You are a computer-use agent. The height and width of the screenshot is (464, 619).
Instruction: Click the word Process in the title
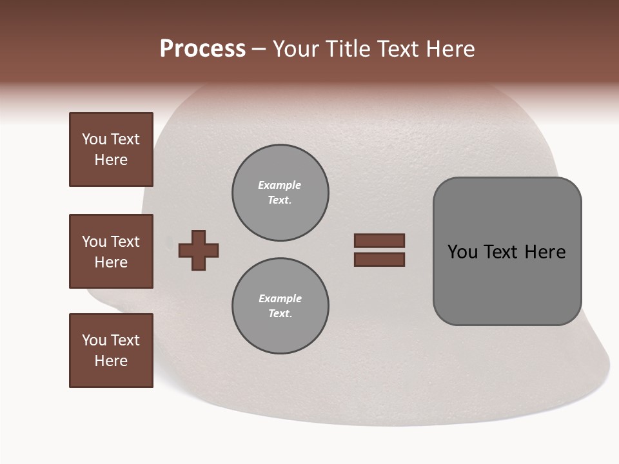click(202, 49)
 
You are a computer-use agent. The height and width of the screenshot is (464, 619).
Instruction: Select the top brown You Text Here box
click(111, 150)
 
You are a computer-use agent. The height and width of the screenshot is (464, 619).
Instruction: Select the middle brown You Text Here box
click(111, 251)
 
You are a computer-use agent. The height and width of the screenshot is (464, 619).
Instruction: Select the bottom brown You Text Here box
click(111, 351)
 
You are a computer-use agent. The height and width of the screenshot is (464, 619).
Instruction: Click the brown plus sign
click(199, 249)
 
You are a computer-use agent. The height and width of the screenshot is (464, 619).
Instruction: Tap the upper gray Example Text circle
click(280, 193)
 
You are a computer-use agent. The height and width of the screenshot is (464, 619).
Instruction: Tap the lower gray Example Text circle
click(280, 306)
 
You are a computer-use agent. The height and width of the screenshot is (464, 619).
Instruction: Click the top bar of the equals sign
click(379, 240)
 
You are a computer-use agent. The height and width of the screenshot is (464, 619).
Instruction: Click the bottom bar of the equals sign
click(379, 260)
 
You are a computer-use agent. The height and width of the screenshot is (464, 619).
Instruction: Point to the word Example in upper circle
click(279, 185)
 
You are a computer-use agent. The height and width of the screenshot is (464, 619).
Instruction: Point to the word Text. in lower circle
click(280, 314)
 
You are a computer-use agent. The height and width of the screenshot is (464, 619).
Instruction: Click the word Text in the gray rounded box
click(501, 252)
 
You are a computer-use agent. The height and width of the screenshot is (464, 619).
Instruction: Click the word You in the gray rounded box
click(462, 252)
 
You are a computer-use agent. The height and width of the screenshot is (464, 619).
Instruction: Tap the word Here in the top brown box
click(111, 160)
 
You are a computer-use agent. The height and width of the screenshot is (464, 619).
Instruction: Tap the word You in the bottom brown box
click(94, 340)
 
